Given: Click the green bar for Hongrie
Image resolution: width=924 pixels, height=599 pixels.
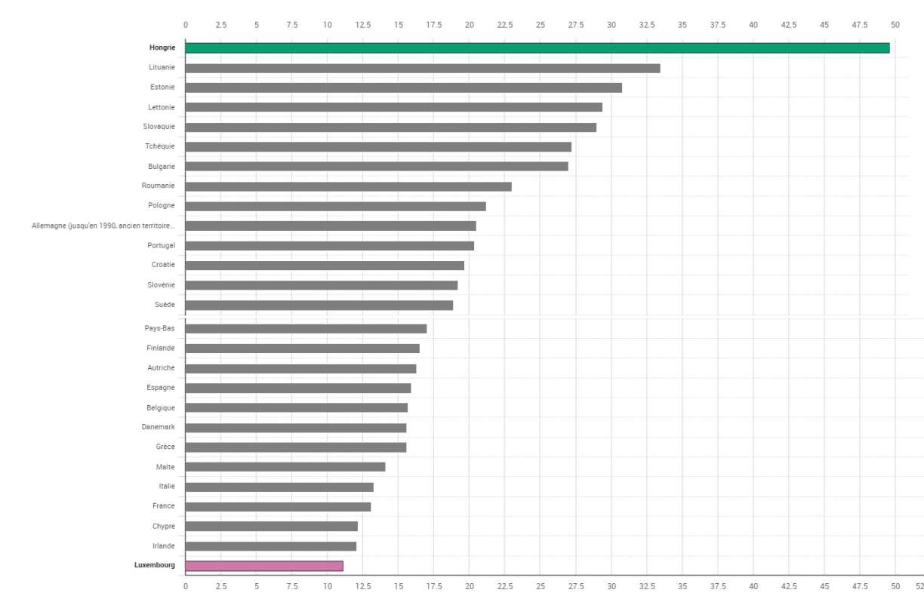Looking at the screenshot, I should pyautogui.click(x=537, y=48).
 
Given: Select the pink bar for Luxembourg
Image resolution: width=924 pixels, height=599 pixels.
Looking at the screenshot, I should pyautogui.click(x=264, y=566).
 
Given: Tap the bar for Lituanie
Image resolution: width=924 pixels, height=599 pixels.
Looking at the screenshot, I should pyautogui.click(x=423, y=68).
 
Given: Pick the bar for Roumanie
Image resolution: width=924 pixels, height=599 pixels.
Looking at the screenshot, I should pyautogui.click(x=348, y=186).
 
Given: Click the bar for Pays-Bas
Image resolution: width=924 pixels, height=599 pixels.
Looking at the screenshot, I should pyautogui.click(x=306, y=328).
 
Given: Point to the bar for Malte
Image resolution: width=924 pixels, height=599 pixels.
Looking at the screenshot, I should pyautogui.click(x=285, y=467).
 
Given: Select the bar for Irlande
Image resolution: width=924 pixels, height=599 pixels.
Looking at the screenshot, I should pyautogui.click(x=270, y=546).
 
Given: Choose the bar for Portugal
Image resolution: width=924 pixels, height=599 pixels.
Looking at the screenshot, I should pyautogui.click(x=329, y=245).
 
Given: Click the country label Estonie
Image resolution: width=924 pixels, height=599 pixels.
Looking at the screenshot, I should pyautogui.click(x=162, y=88).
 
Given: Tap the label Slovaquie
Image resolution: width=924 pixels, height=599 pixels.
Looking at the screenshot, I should pyautogui.click(x=159, y=127).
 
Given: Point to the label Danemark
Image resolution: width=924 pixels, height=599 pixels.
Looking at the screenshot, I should pyautogui.click(x=159, y=427).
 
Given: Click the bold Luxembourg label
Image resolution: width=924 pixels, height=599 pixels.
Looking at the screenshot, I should pyautogui.click(x=156, y=565).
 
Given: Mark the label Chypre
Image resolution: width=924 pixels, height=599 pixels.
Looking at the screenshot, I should pyautogui.click(x=164, y=526).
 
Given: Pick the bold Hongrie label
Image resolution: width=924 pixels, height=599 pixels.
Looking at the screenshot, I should pyautogui.click(x=162, y=48).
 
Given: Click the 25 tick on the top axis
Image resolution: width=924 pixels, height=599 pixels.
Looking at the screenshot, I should pyautogui.click(x=541, y=25).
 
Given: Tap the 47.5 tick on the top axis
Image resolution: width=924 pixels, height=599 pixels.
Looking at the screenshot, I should pyautogui.click(x=860, y=25).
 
